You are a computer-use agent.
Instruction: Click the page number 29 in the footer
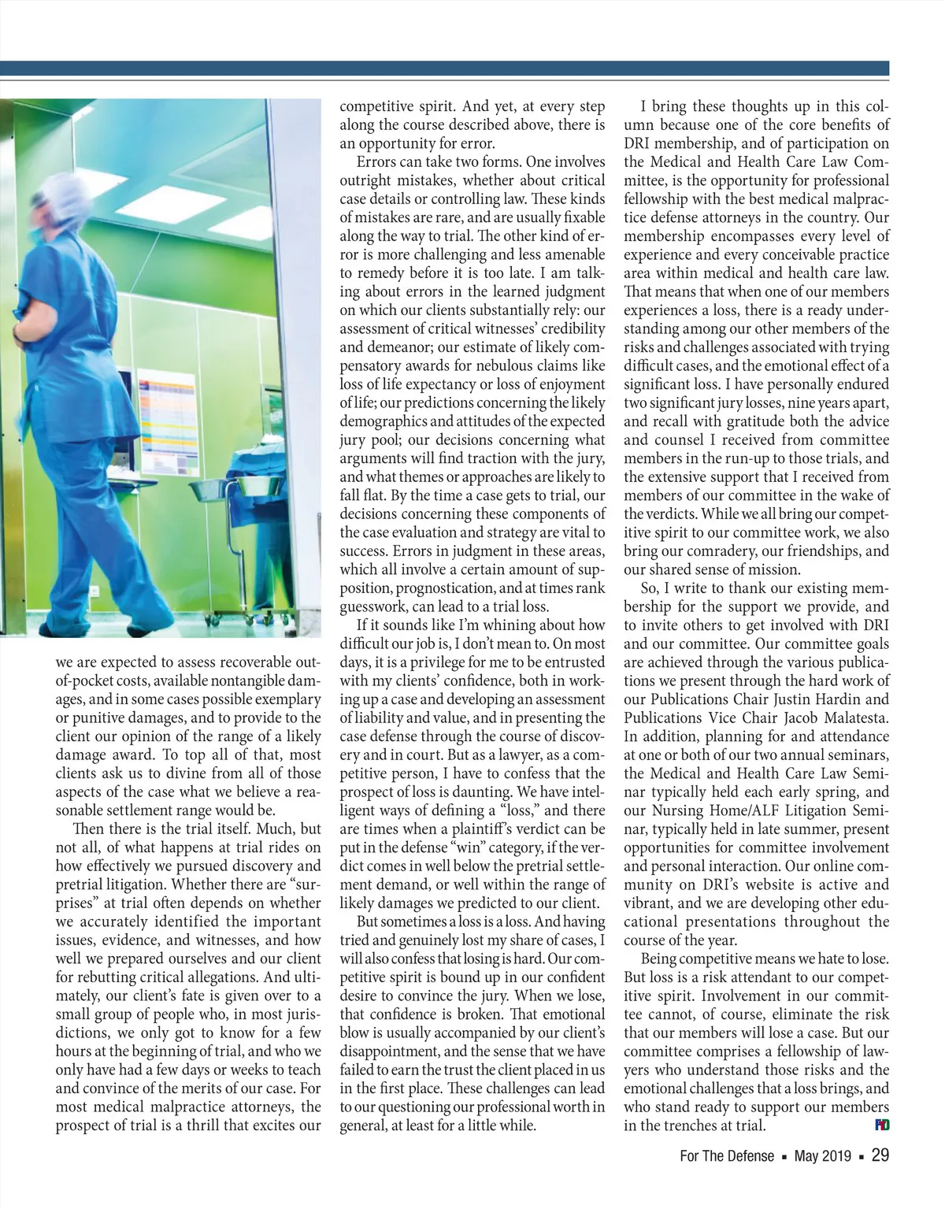[x=880, y=1156]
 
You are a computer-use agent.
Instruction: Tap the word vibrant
[x=649, y=903]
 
